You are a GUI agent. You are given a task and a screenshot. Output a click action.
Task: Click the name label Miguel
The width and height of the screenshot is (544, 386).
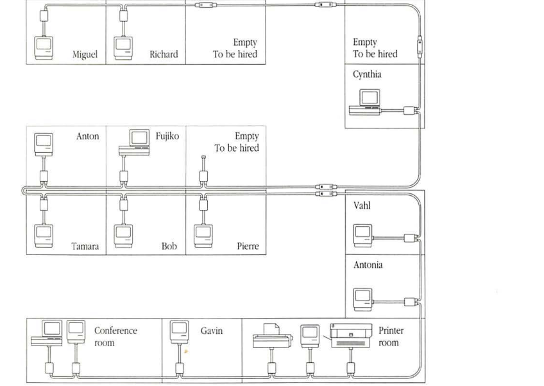click(x=85, y=55)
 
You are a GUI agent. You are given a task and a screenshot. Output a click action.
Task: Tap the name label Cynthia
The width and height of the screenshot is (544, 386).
click(x=367, y=75)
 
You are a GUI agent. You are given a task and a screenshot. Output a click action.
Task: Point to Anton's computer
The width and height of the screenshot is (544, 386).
click(x=44, y=144)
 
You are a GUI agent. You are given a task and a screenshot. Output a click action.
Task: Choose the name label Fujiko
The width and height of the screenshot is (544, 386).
click(x=167, y=136)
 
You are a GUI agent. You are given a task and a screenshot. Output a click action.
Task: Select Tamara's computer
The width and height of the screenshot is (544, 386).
click(x=44, y=234)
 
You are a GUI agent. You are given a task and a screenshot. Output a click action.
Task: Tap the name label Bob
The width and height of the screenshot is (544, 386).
click(x=169, y=246)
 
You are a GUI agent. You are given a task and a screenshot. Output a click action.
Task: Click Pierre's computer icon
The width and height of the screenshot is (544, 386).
click(x=203, y=234)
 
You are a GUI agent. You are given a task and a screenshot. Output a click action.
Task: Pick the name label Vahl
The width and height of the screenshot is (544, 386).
click(x=362, y=206)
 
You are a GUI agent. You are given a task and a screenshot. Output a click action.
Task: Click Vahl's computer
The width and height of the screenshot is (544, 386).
click(x=363, y=236)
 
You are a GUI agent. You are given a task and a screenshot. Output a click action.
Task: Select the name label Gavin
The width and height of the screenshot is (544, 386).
click(x=212, y=331)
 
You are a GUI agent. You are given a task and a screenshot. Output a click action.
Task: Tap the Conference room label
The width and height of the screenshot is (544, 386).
click(x=115, y=337)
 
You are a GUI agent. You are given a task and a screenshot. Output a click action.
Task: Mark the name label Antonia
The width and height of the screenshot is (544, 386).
click(x=368, y=265)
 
